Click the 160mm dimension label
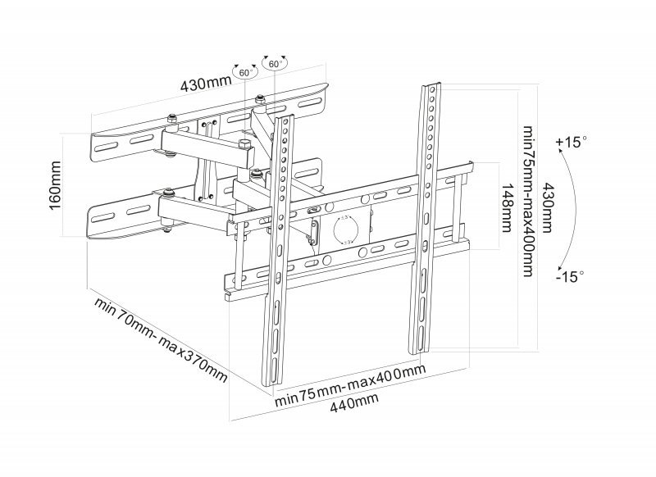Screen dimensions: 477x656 [x=56, y=187]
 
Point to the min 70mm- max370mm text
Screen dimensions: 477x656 [x=161, y=343]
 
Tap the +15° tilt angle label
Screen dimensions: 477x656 [x=572, y=142]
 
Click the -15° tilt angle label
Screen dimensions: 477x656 [x=568, y=277]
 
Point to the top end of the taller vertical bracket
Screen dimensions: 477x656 [x=432, y=84]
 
